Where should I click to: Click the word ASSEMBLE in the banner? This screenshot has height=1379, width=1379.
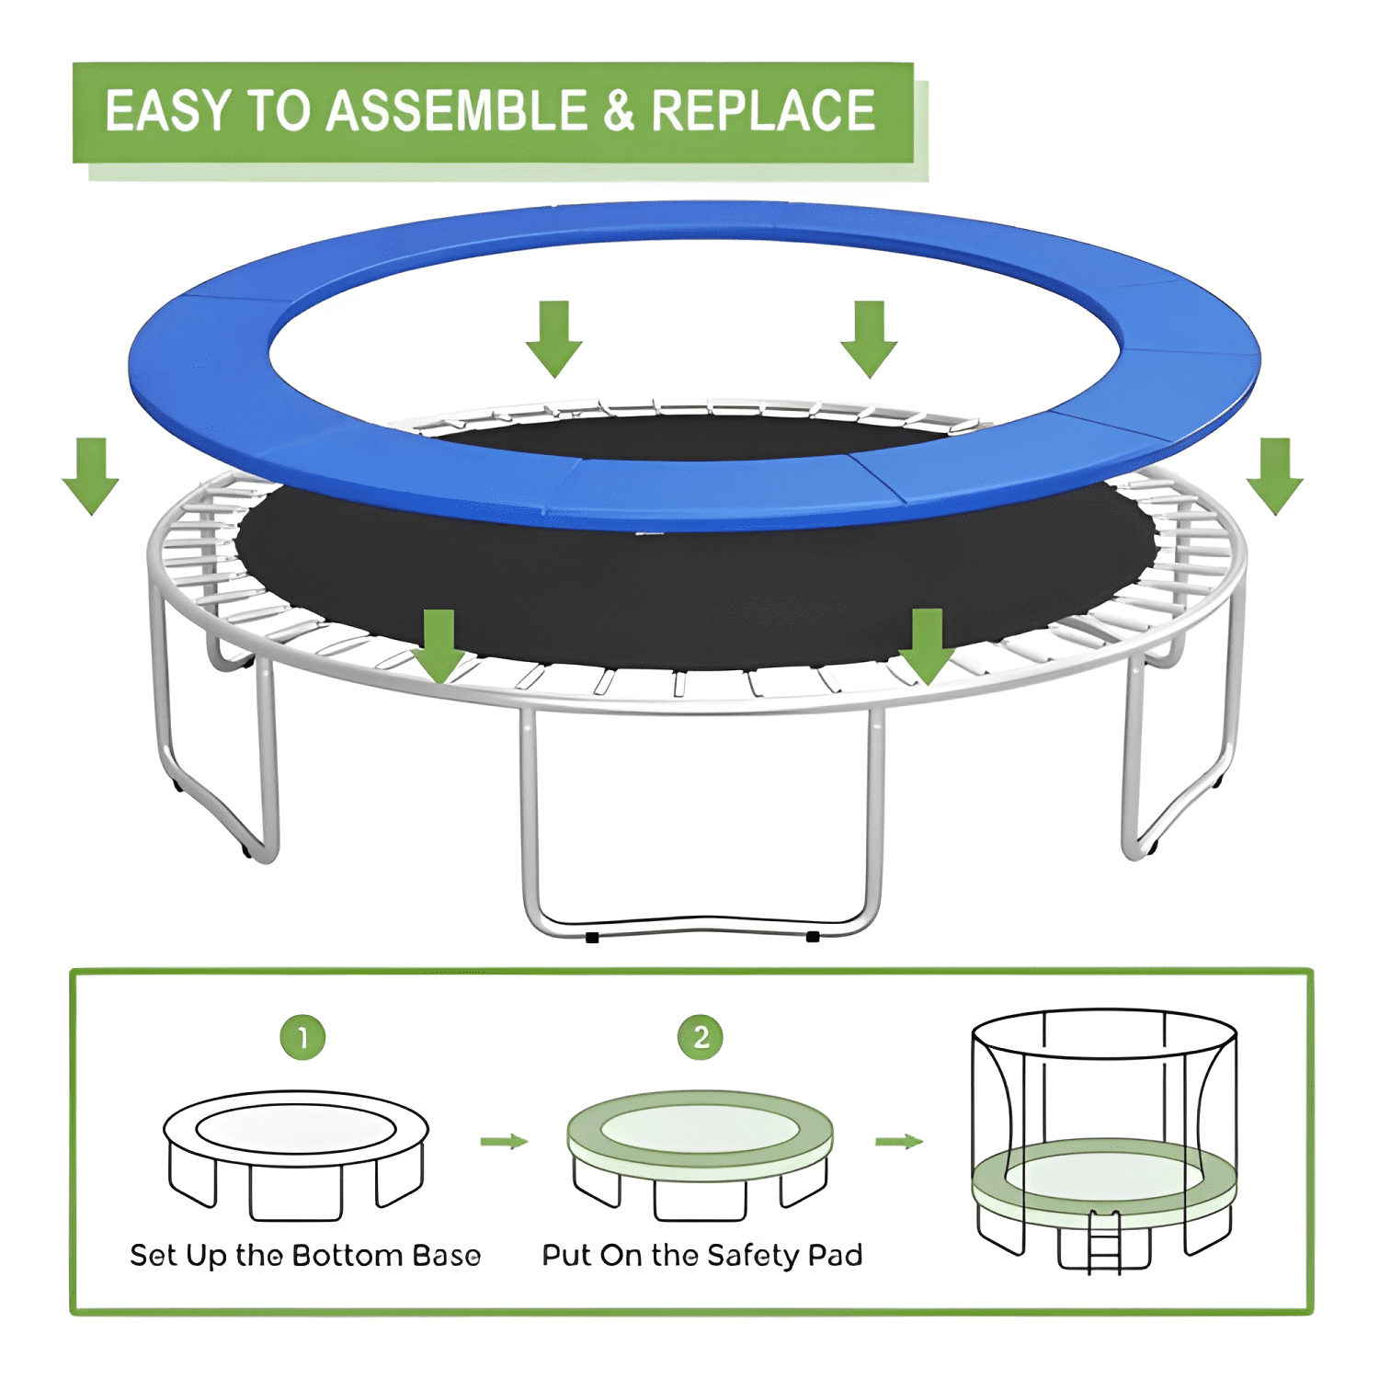457,111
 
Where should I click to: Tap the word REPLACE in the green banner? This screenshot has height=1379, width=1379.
763,111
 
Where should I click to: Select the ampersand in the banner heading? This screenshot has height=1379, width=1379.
620,111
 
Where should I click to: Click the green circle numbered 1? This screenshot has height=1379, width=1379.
302,1037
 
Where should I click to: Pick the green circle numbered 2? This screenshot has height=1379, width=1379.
701,1037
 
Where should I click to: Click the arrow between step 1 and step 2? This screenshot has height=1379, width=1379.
504,1142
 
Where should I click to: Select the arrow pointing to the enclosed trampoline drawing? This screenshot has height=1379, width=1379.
899,1142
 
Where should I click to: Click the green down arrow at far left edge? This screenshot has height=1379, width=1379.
90,476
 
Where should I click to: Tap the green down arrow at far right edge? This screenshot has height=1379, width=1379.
1275,476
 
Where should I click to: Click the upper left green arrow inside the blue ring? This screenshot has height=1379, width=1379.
554,338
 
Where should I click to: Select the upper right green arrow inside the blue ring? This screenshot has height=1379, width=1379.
869,338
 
